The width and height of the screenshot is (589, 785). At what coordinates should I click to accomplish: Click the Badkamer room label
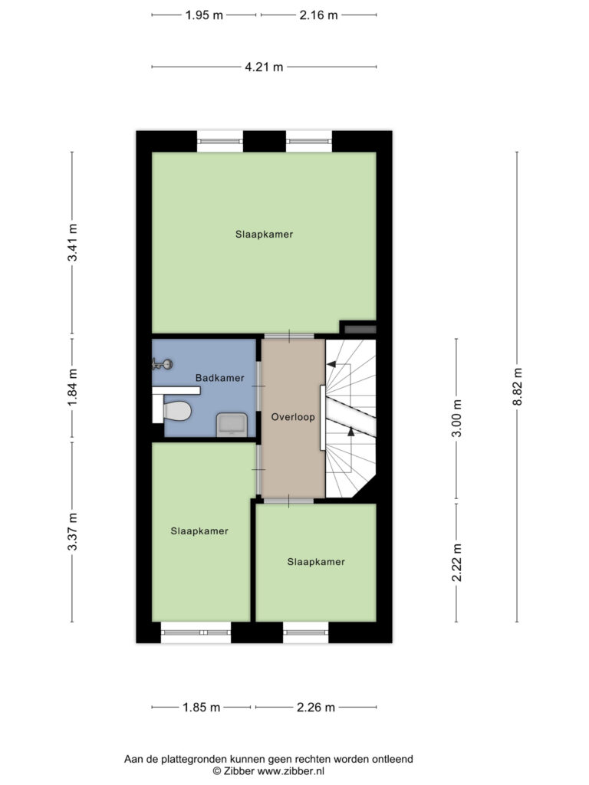219,378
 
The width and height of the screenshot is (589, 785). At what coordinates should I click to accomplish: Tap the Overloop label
293,416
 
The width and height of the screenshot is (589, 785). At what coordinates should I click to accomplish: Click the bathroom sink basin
232,425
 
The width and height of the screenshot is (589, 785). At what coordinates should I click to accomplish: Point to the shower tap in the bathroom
162,364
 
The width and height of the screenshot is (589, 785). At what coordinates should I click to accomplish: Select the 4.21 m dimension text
264,67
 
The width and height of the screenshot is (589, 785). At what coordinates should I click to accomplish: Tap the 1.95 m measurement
204,15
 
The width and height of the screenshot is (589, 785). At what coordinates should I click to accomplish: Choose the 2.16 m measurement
318,15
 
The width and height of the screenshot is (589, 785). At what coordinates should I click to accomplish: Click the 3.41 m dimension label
73,242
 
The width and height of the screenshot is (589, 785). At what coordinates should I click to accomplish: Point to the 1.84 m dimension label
73,387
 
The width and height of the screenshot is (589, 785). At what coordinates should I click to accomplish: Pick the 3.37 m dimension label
73,532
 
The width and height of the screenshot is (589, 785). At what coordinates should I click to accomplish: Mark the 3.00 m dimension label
457,418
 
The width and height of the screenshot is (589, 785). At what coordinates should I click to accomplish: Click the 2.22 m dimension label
457,563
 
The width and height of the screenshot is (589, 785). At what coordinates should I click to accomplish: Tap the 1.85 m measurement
202,708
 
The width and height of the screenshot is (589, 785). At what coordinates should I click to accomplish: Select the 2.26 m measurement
315,708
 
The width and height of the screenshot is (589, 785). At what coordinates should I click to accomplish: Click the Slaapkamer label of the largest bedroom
264,235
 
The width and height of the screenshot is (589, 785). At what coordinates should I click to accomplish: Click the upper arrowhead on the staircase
331,364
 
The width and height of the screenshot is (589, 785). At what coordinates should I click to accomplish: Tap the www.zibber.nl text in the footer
291,771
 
